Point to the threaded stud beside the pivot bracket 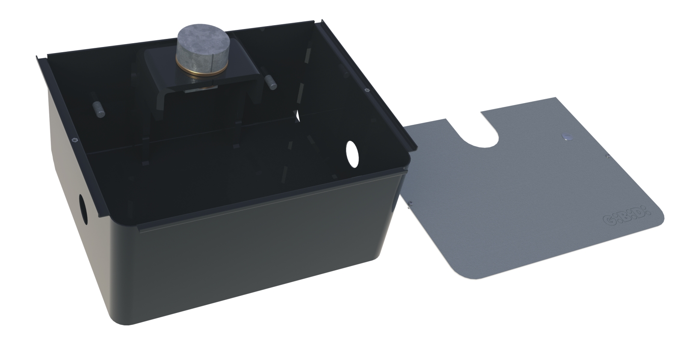pos(270,82)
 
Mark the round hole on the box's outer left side pos(83,209)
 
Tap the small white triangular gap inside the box pos(298,115)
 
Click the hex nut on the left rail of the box pos(74,139)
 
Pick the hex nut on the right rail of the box pos(367,90)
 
